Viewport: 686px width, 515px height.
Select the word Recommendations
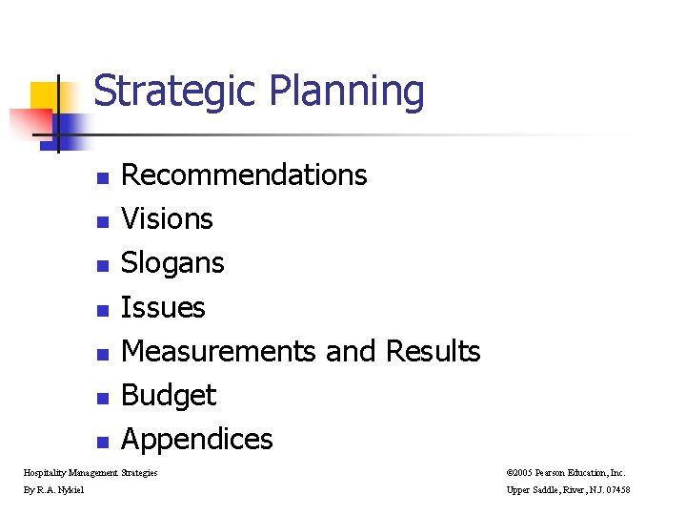tap(244, 175)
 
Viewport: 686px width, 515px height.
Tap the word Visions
tap(167, 219)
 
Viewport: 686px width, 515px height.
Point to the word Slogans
tap(172, 263)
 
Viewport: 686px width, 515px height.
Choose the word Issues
tap(163, 307)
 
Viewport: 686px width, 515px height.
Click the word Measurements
tap(219, 351)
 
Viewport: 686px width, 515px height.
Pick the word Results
tap(433, 351)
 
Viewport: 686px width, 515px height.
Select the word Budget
tap(169, 395)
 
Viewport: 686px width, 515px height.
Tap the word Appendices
tap(197, 440)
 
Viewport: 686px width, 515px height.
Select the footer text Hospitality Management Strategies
tap(91, 472)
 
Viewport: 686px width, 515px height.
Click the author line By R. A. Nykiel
tap(53, 490)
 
